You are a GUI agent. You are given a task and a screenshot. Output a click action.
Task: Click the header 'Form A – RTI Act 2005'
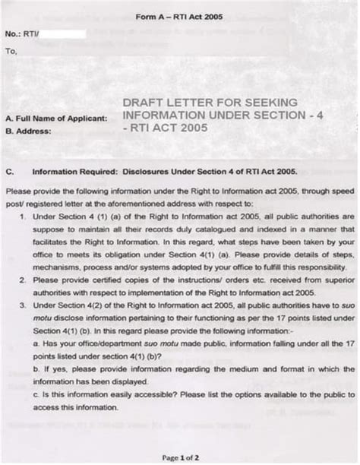(179, 16)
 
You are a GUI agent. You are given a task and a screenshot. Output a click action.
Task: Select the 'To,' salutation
(11, 52)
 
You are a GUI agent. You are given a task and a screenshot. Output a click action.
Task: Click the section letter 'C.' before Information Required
(10, 171)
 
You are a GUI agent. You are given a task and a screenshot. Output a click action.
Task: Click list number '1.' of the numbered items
(24, 217)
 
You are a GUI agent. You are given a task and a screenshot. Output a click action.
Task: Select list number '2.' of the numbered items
(24, 280)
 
